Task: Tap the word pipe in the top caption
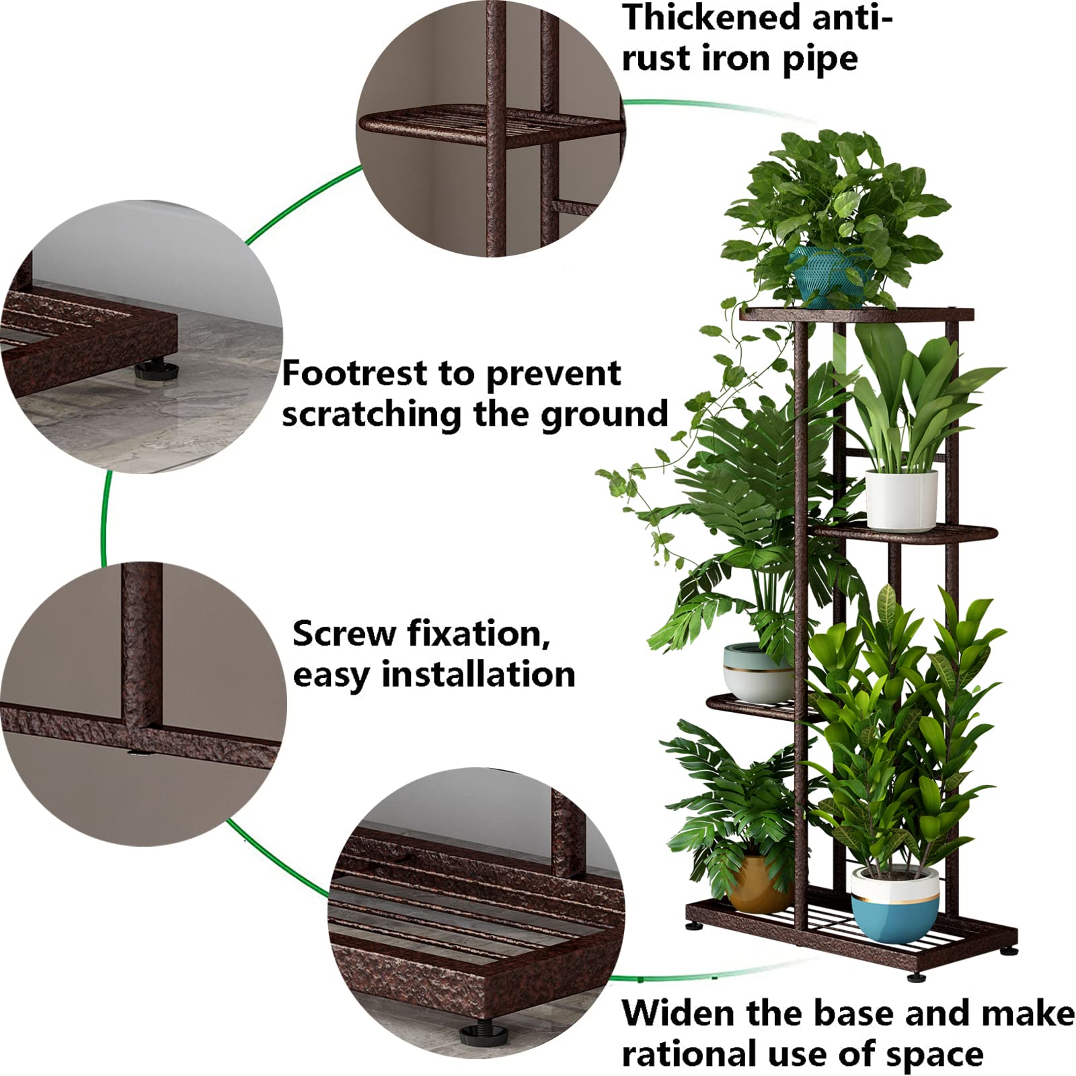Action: pos(819,59)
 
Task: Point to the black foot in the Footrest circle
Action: pos(156,371)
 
